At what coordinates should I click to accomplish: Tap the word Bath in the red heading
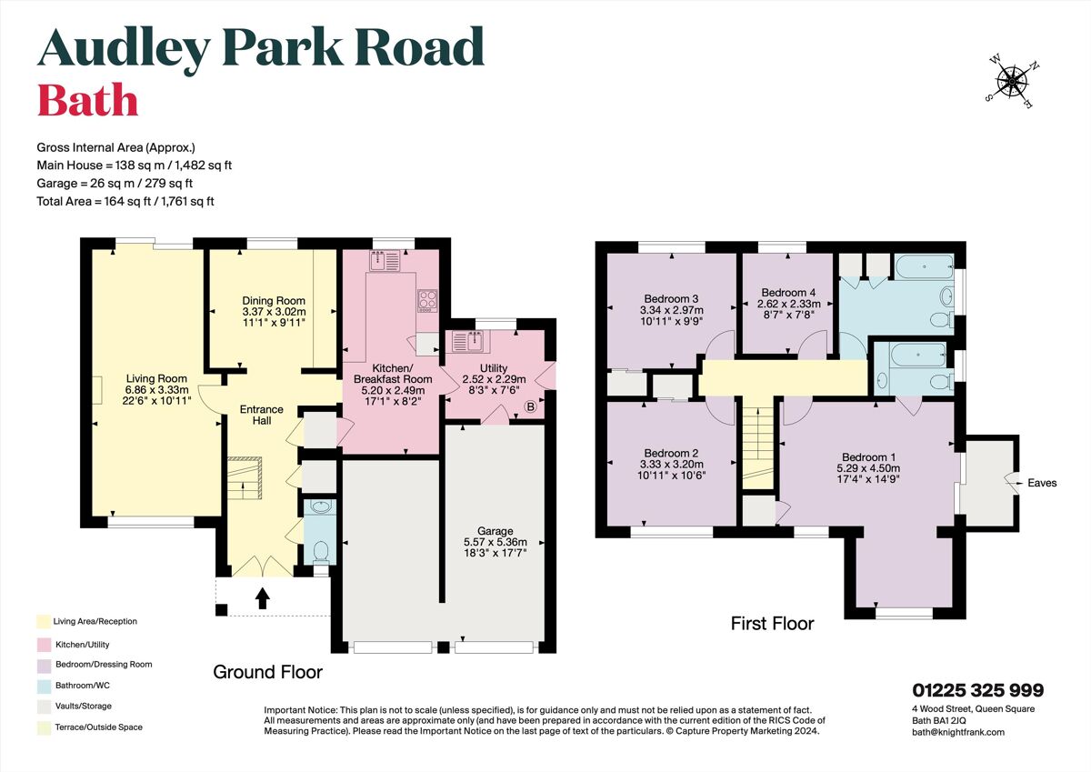[87, 101]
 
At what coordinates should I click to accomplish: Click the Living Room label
[156, 379]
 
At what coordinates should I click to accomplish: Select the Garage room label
[495, 531]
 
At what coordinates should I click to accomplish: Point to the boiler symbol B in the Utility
[530, 408]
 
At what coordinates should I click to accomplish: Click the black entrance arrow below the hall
[263, 597]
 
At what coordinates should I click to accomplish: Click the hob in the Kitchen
[426, 299]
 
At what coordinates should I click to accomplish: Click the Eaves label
[1042, 483]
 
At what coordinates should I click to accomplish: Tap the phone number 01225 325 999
[977, 690]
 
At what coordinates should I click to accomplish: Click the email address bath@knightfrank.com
[958, 732]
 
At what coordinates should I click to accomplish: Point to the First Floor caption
[772, 624]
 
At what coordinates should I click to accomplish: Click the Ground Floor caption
[267, 672]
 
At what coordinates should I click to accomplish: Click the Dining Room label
[273, 300]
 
